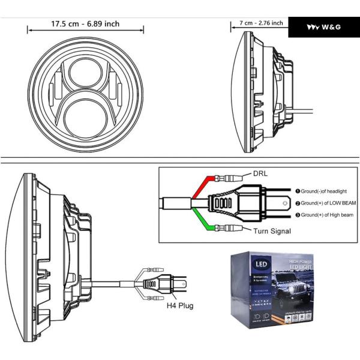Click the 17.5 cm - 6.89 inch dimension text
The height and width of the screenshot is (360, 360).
point(85,24)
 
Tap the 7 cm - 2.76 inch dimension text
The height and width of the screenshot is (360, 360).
point(261,23)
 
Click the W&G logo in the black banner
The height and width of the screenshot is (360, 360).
point(323,27)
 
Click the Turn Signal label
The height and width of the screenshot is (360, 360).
point(272,230)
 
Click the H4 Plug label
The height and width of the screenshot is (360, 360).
point(181,305)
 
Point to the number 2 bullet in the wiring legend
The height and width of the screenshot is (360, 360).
point(297,203)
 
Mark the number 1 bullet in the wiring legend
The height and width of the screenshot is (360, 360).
point(297,191)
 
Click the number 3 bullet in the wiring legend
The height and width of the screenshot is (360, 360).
point(297,215)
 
